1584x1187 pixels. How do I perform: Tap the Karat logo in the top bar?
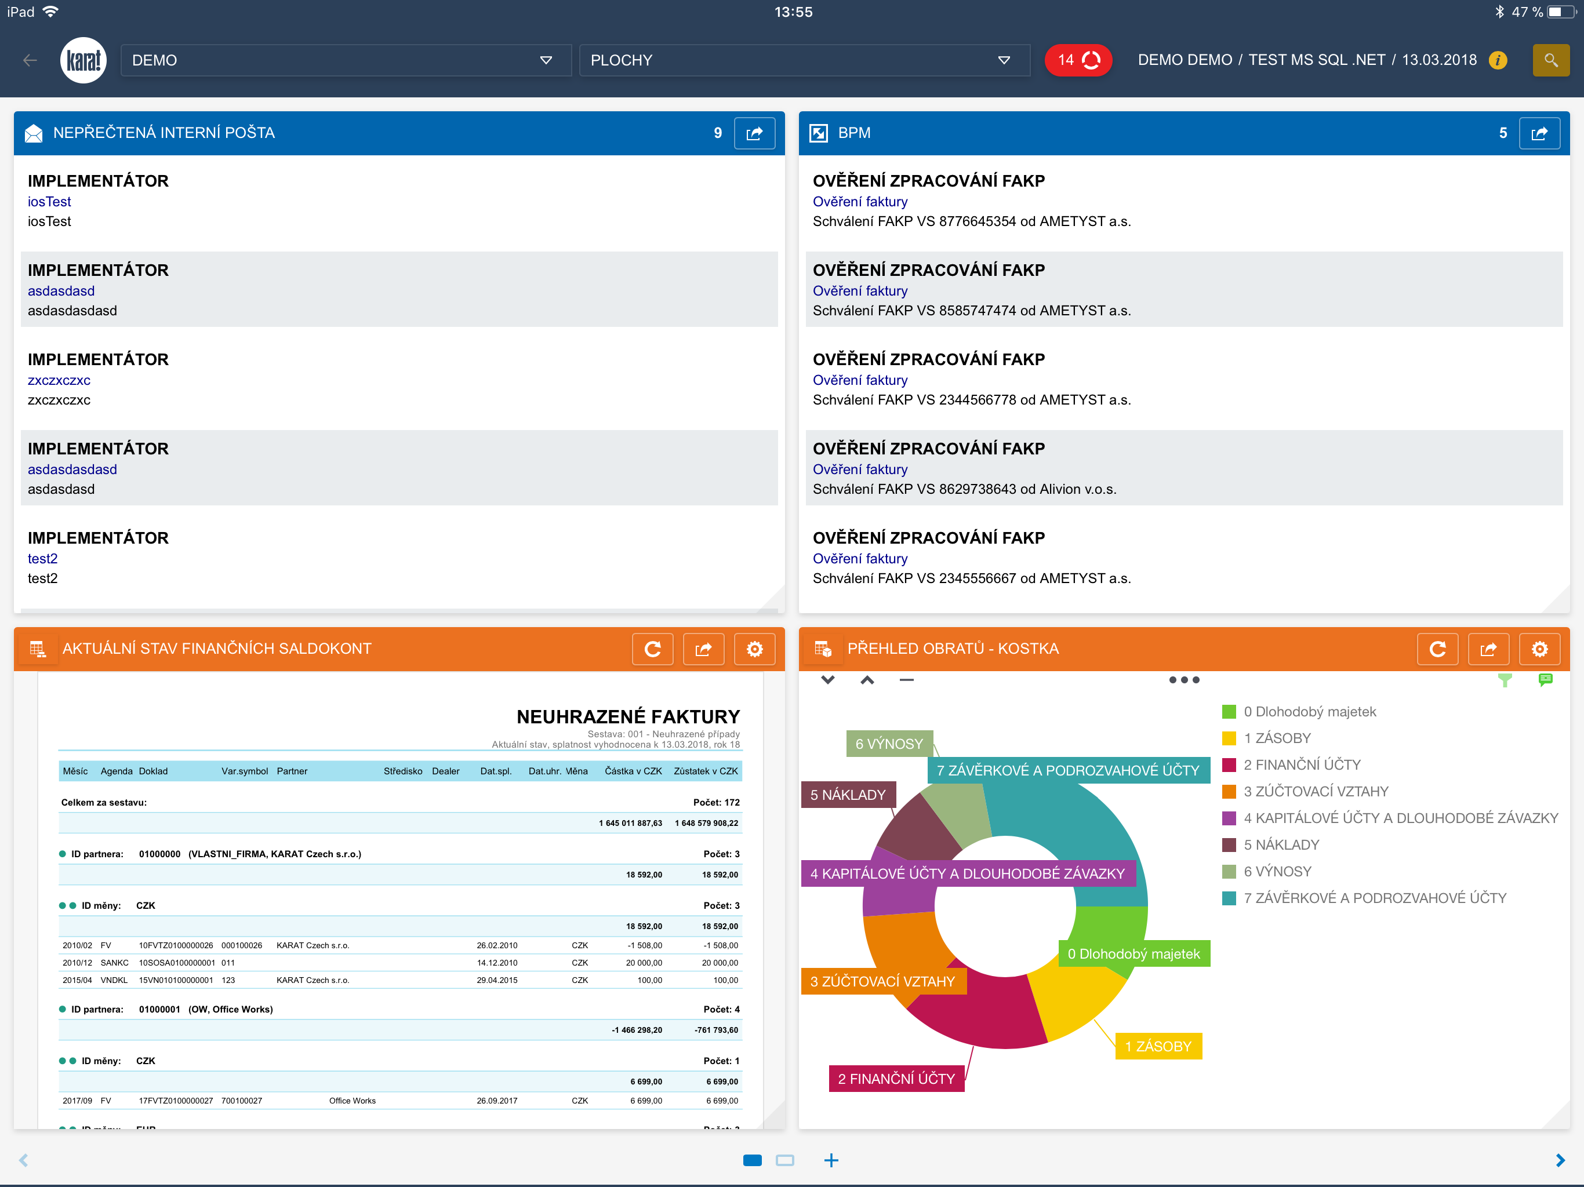(83, 60)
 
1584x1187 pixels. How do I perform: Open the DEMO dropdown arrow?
(546, 60)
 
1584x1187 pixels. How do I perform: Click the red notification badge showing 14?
(1078, 60)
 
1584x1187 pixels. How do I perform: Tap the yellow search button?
(1550, 60)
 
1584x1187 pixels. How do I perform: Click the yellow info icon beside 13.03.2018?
(1498, 60)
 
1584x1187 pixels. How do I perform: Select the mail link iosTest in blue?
(49, 202)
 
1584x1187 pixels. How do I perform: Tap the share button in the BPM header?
(1539, 133)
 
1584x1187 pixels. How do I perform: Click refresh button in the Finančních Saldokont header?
(652, 649)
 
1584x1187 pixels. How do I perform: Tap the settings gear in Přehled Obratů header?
(1539, 649)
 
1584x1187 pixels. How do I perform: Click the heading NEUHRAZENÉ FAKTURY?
(628, 716)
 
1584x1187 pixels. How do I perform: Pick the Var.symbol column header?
(244, 771)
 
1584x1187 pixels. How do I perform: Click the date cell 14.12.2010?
(497, 963)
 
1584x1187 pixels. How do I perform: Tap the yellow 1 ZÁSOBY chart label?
(1158, 1046)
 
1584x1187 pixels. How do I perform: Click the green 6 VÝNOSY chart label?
(889, 744)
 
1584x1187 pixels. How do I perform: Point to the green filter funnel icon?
(1505, 680)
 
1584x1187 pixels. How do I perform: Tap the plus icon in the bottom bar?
(831, 1160)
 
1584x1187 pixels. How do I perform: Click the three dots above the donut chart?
(1184, 679)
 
